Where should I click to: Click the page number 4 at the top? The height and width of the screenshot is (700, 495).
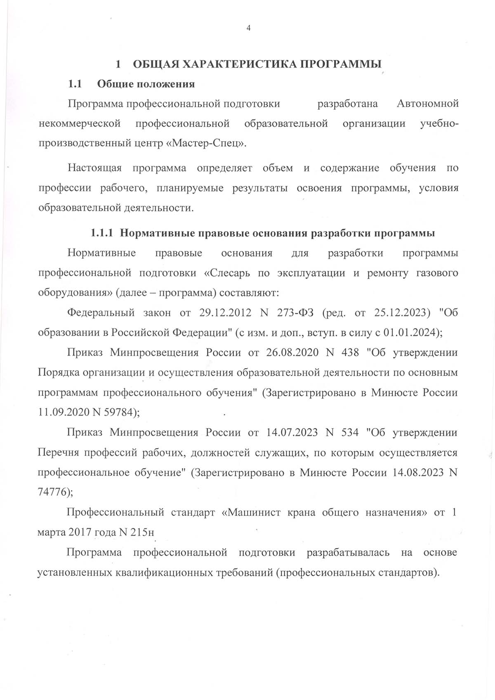[248, 28]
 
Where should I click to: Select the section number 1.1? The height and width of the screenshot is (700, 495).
[75, 84]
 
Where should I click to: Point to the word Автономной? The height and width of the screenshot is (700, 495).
[427, 104]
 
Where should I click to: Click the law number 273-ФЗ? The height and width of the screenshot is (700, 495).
[293, 313]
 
